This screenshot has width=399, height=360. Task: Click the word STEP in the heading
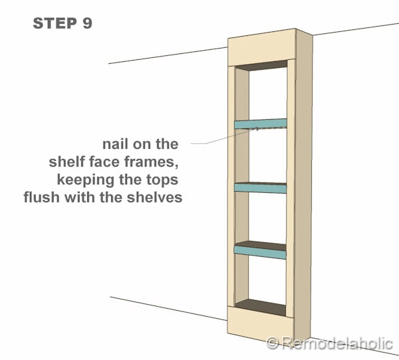(x=55, y=23)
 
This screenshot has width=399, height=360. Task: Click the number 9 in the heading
(x=87, y=23)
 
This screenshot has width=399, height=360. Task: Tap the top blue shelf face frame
(x=261, y=124)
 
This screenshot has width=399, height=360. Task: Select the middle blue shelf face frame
(x=261, y=188)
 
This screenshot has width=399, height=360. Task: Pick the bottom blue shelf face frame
(x=261, y=250)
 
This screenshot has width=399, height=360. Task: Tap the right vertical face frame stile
(x=291, y=186)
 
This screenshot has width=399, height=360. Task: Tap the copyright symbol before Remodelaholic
(x=273, y=343)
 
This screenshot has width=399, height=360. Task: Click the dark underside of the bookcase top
(x=261, y=66)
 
